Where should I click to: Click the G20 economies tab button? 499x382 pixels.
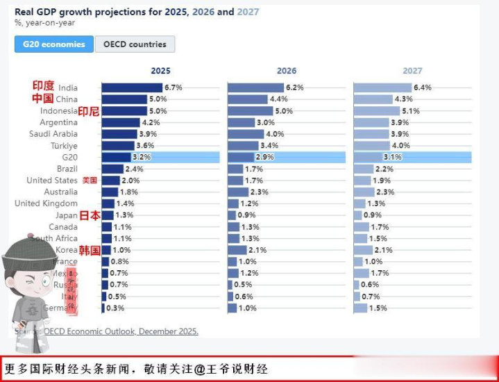tap(54, 44)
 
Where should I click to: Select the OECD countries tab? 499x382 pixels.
tap(135, 44)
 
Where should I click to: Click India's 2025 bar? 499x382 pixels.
tap(132, 88)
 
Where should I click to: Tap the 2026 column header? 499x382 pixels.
tap(286, 71)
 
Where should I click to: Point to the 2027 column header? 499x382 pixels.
tap(412, 71)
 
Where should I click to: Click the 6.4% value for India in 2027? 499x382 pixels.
tap(423, 88)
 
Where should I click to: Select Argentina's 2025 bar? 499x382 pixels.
tap(121, 122)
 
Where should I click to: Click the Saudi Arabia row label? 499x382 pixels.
tap(53, 134)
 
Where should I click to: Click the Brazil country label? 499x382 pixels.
tap(67, 169)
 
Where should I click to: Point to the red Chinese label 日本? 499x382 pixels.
tap(90, 215)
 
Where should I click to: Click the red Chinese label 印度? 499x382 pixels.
tap(43, 86)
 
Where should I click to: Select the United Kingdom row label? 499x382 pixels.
tap(46, 204)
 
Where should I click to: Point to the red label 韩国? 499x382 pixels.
tap(90, 250)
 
